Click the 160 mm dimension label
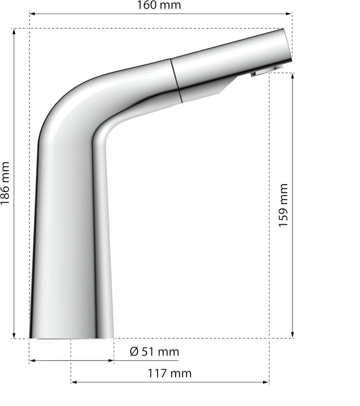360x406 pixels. point(158,5)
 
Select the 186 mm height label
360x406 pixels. point(5,183)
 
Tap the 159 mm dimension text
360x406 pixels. point(283,205)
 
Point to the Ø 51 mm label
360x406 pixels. point(154,351)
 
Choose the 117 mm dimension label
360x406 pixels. point(169,373)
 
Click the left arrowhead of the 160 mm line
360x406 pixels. point(32,14)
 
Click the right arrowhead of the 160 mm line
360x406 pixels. point(289,14)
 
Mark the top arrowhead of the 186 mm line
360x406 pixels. point(14,32)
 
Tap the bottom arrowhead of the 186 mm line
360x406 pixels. point(14,335)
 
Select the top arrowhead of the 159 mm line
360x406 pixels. point(292,76)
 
